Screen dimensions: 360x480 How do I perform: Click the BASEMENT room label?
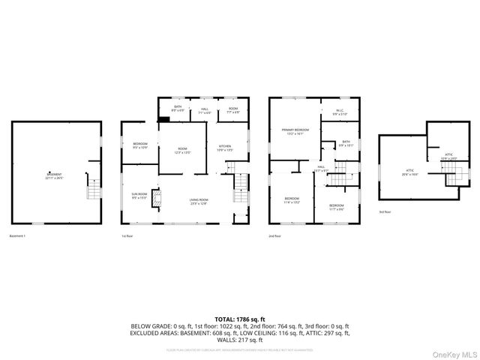(x=50, y=177)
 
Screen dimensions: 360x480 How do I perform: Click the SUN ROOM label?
(x=139, y=196)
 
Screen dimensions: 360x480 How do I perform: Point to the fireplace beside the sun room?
(x=156, y=198)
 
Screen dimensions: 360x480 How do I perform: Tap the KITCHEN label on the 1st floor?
(x=225, y=148)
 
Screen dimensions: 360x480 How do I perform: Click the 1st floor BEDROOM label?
(x=140, y=145)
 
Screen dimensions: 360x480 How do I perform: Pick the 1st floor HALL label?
(x=205, y=112)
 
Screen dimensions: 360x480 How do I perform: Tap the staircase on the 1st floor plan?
(x=239, y=183)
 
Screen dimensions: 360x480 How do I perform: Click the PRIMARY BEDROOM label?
(x=294, y=131)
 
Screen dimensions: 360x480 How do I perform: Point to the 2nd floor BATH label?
(x=346, y=143)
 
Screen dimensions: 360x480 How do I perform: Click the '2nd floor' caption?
(x=275, y=236)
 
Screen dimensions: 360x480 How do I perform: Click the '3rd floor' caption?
(x=385, y=212)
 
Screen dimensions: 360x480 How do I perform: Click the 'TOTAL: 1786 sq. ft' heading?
(x=239, y=319)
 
